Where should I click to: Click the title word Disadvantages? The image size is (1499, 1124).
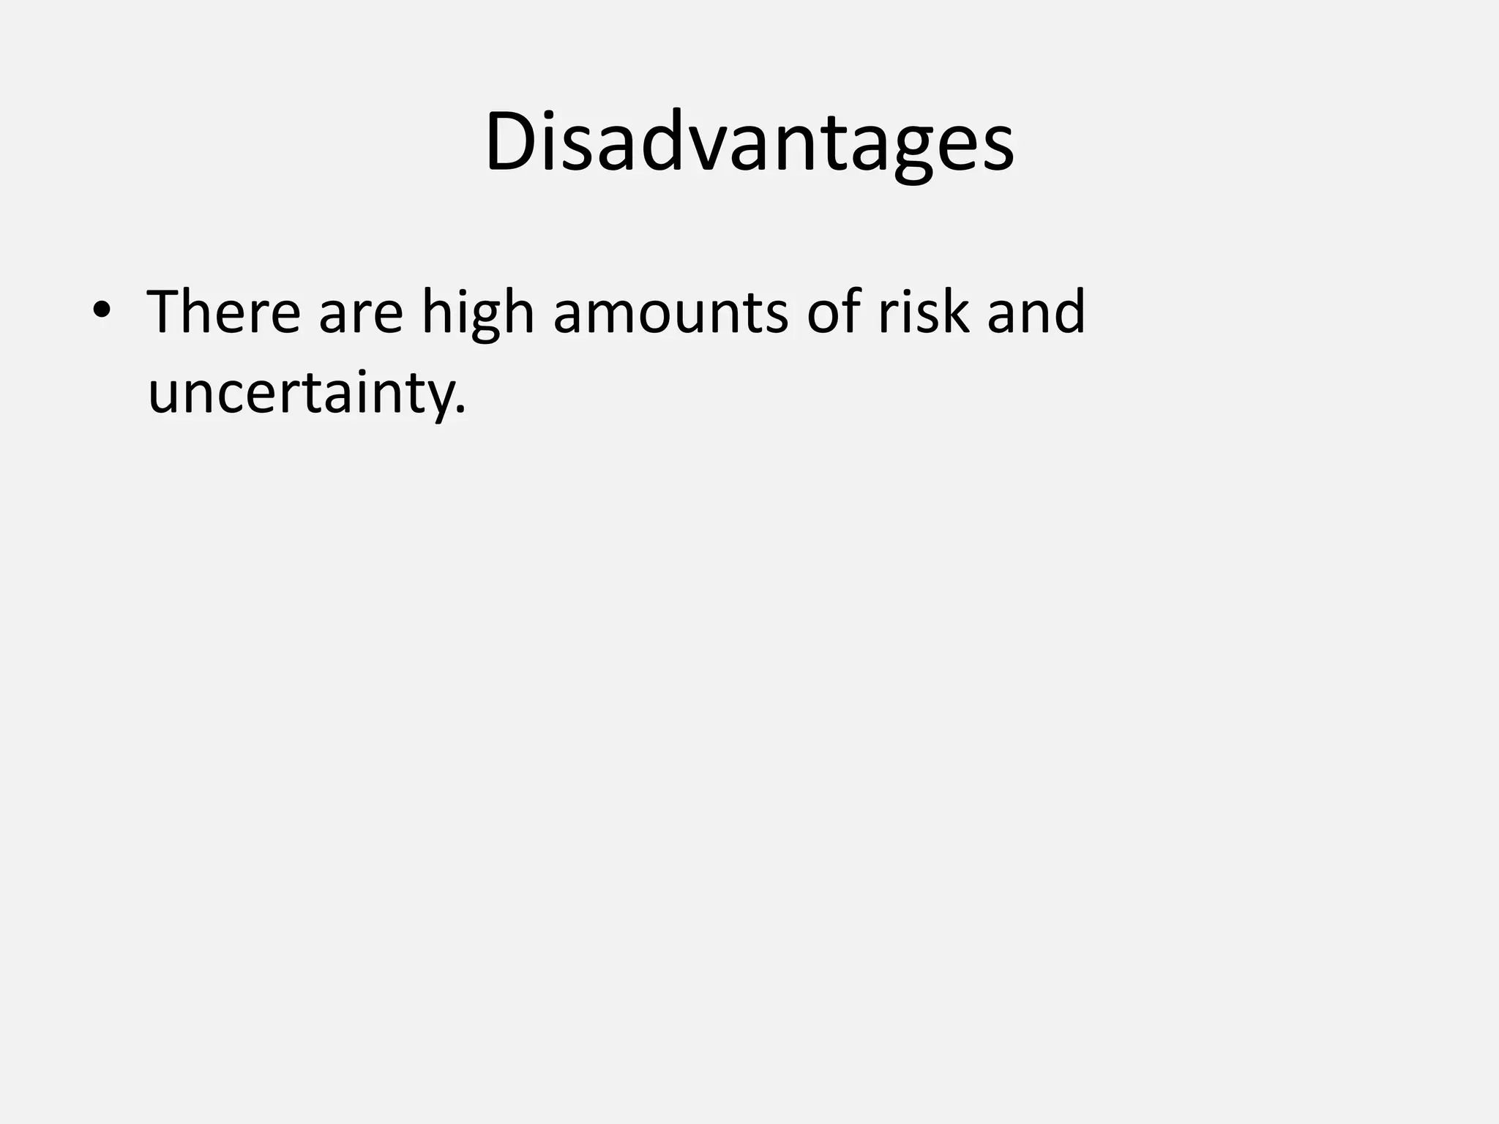(749, 143)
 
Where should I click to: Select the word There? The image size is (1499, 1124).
(223, 312)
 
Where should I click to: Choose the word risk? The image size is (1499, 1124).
(923, 312)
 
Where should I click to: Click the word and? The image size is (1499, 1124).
(1036, 312)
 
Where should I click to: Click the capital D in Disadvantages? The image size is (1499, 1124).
(512, 143)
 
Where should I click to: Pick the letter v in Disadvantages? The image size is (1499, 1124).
(706, 150)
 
